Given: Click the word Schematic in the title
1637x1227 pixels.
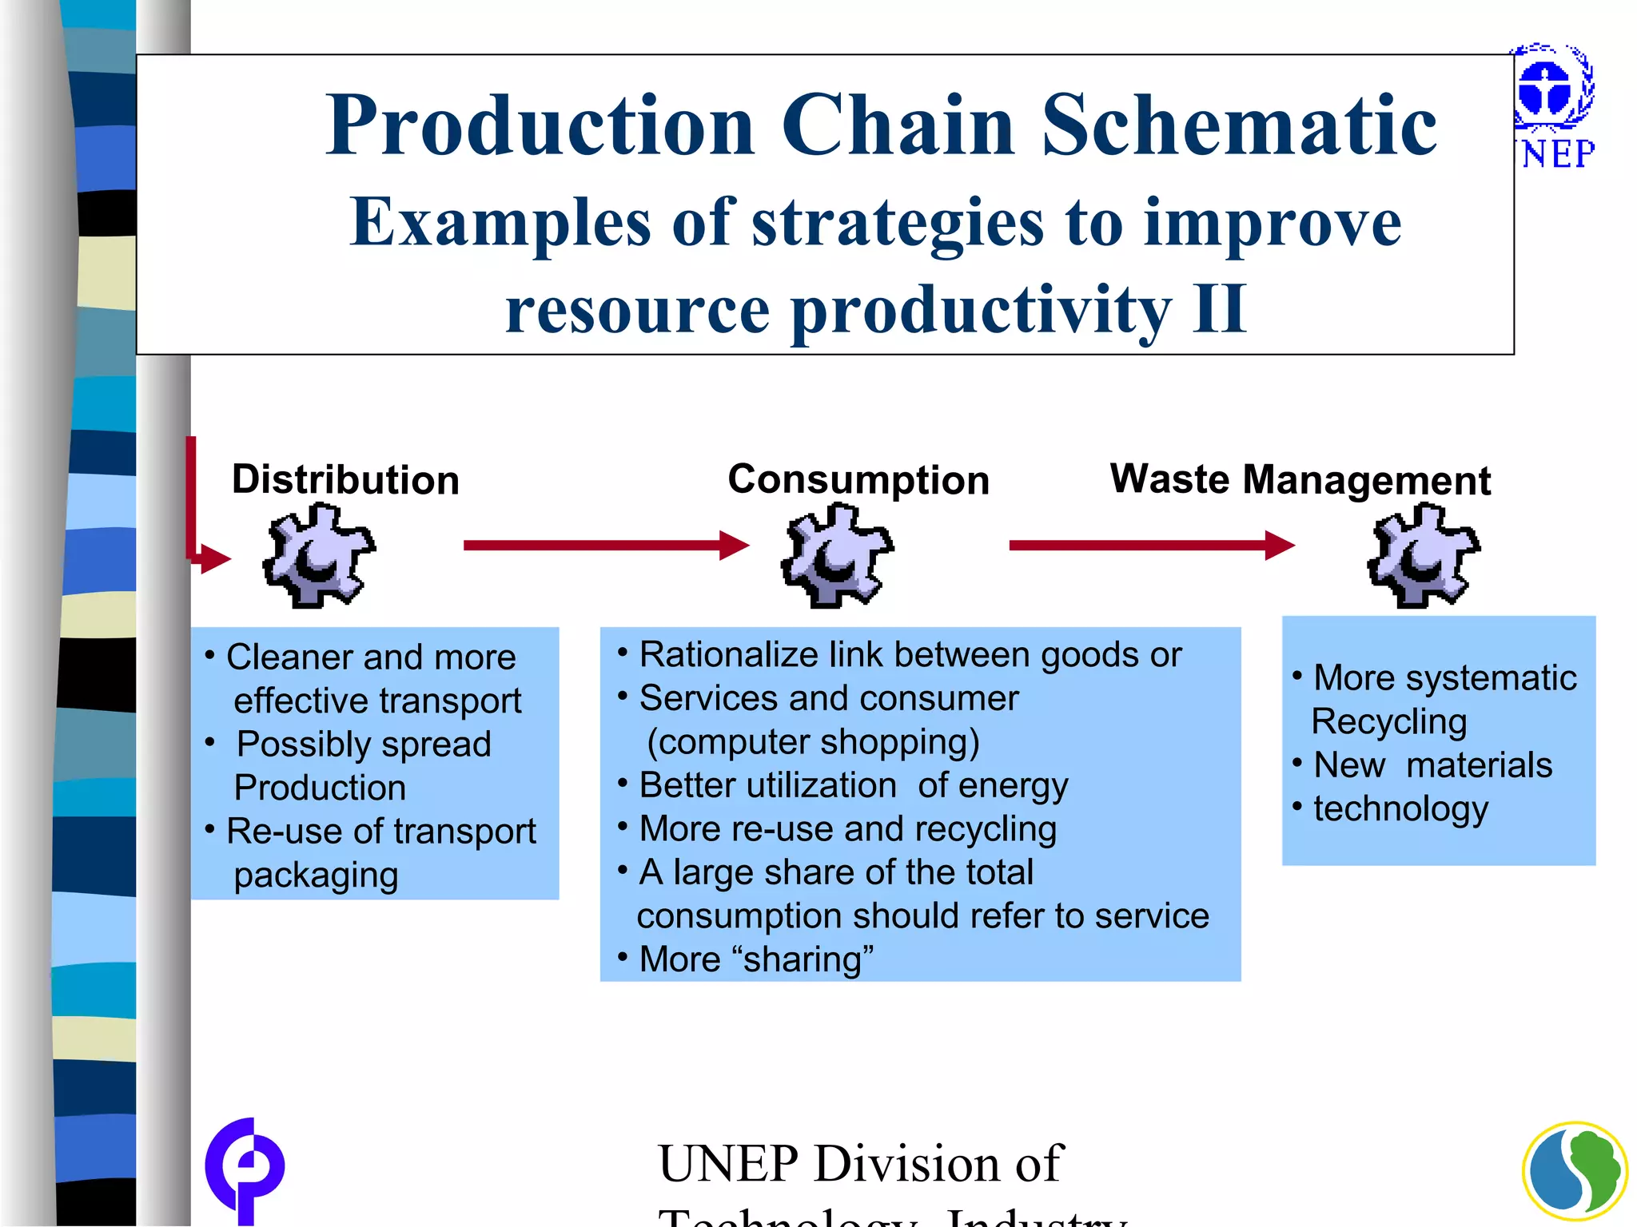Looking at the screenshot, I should tap(1239, 125).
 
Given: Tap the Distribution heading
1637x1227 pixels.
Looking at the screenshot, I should tap(345, 480).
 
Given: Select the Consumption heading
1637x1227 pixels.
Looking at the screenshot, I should tap(858, 480).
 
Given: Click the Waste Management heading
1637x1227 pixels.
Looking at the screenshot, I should tap(1300, 480).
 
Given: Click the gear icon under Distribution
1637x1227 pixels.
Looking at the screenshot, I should tap(318, 555).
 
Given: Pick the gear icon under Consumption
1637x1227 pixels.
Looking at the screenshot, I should tap(837, 555).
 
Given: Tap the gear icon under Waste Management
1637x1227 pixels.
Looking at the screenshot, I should tap(1423, 555).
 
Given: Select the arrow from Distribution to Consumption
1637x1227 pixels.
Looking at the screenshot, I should tap(606, 546).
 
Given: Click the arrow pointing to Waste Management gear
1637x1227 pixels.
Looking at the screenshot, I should tap(1151, 546).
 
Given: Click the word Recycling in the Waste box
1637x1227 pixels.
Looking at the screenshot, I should tap(1389, 721).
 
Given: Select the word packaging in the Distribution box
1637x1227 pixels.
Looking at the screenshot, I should tap(316, 876).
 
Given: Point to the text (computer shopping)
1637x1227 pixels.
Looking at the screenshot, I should tap(813, 742).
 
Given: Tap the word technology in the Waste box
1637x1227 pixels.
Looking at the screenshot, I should tap(1401, 809).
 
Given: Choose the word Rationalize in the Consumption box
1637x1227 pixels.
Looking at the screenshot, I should tap(729, 655).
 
